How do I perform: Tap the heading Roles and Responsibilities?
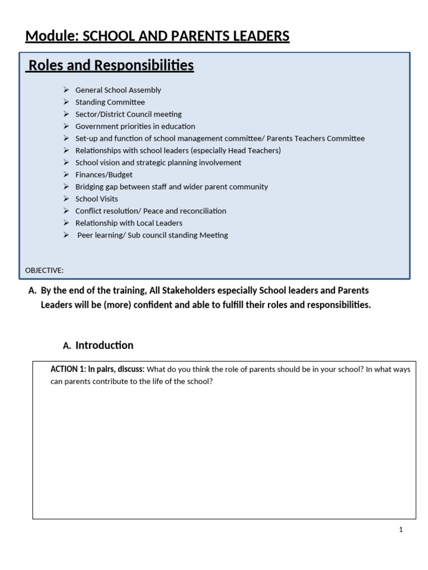click(111, 66)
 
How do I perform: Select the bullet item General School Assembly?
click(118, 90)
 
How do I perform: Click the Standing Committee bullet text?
click(110, 102)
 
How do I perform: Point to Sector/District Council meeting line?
click(128, 114)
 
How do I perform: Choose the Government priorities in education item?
click(135, 126)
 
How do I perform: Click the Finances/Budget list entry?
click(104, 175)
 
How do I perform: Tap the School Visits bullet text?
click(96, 199)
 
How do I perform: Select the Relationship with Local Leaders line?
click(129, 223)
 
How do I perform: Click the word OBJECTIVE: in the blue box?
click(45, 271)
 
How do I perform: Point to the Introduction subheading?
click(104, 345)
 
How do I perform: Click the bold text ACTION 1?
click(68, 369)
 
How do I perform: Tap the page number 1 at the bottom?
click(401, 530)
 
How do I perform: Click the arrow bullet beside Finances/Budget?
click(66, 175)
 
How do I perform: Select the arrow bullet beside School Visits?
click(66, 199)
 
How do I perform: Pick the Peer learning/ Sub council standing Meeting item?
click(153, 235)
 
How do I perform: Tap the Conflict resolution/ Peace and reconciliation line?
click(150, 211)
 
